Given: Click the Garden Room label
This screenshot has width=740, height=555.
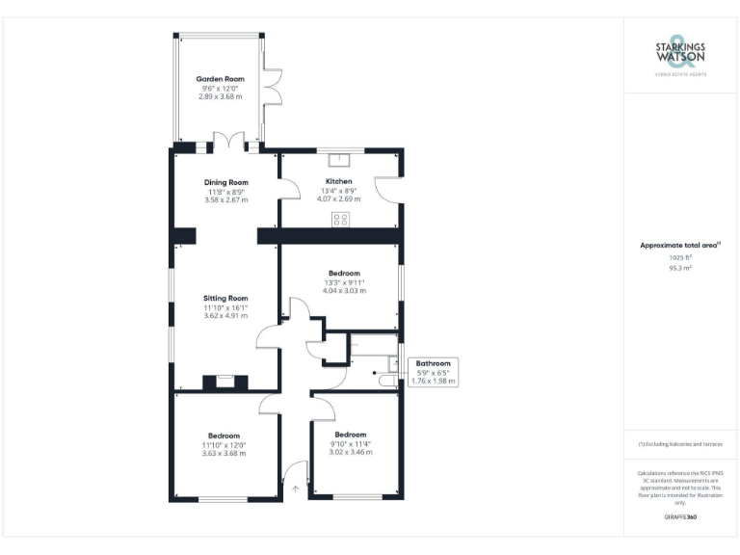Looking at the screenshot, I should [220, 79].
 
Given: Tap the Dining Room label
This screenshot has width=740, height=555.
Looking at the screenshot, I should [225, 182].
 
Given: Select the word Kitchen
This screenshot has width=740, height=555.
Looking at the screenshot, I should [338, 181].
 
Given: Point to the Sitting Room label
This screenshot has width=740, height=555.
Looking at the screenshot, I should [225, 298].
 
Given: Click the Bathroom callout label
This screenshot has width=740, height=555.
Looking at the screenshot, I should [433, 363].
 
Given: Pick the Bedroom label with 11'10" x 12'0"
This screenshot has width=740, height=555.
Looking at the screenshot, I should [224, 436].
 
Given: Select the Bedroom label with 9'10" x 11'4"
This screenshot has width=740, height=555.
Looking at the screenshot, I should [350, 435].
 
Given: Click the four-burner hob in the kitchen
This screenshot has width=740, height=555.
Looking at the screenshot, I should [340, 219].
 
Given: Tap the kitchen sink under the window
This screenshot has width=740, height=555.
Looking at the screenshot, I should [339, 161].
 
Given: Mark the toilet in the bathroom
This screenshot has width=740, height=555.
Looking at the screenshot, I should [387, 383].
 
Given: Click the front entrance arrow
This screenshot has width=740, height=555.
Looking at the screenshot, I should [296, 489].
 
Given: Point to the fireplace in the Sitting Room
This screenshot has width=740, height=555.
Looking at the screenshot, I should [225, 381].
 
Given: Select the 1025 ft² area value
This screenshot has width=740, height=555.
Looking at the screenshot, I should [680, 257].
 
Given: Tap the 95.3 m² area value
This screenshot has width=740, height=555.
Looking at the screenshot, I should [680, 268].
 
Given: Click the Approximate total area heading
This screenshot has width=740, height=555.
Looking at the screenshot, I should [679, 246].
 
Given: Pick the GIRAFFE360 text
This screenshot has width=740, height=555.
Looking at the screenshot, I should [680, 517].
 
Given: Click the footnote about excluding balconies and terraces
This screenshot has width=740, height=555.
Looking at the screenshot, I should [680, 444].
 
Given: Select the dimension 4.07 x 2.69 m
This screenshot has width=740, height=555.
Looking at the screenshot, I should [338, 199].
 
